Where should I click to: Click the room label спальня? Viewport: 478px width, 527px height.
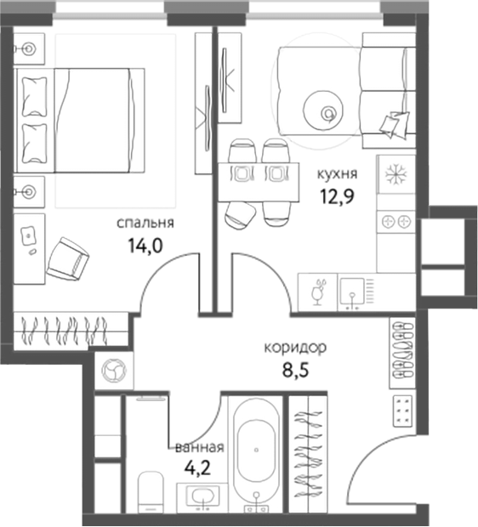pos(145,224)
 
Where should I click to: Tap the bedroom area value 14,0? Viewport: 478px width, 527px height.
pos(145,246)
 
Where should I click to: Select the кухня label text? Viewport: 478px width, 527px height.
pos(337,174)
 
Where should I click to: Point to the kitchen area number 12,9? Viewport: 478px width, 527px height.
pos(338,196)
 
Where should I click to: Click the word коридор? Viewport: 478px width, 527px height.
pos(295,348)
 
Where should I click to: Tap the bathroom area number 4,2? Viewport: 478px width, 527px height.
pos(197,467)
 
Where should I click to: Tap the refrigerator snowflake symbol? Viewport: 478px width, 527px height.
pos(395,174)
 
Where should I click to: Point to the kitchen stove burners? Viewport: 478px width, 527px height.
pos(395,222)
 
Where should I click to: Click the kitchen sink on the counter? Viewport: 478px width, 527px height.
pos(352,293)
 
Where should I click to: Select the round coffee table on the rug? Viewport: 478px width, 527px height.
pos(323,110)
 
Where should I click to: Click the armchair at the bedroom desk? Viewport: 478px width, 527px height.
pos(67,259)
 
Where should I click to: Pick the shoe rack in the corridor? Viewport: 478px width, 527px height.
pos(402,353)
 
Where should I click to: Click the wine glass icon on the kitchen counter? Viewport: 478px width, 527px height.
pos(317,292)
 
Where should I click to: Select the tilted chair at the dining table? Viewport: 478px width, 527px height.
pos(240,216)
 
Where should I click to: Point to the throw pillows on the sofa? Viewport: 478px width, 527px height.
pos(395,123)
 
